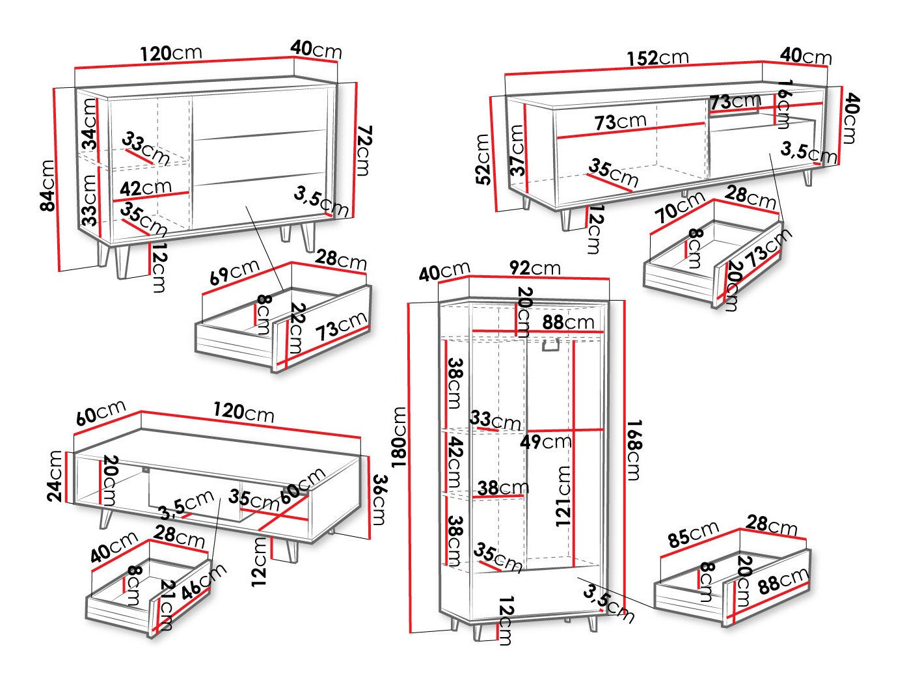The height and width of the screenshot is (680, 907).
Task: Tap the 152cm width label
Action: pyautogui.click(x=657, y=58)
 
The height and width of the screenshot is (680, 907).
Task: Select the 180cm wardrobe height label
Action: pyautogui.click(x=399, y=437)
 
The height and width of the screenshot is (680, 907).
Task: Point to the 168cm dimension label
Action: pyautogui.click(x=632, y=450)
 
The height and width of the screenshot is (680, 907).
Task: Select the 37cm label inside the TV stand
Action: pyautogui.click(x=517, y=150)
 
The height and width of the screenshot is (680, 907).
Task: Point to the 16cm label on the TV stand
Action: pyautogui.click(x=784, y=103)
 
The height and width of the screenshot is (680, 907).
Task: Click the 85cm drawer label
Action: pyautogui.click(x=694, y=534)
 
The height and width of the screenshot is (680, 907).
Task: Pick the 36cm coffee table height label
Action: pyautogui.click(x=378, y=500)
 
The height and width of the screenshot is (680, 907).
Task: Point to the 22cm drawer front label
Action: pyautogui.click(x=295, y=329)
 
